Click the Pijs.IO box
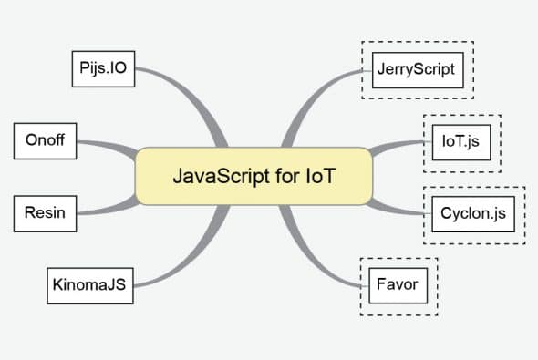coord(103,68)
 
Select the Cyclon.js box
coord(473,214)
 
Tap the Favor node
coord(397,284)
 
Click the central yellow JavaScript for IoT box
coord(253,176)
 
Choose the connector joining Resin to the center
coord(105,204)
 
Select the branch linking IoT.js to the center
coord(401,148)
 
